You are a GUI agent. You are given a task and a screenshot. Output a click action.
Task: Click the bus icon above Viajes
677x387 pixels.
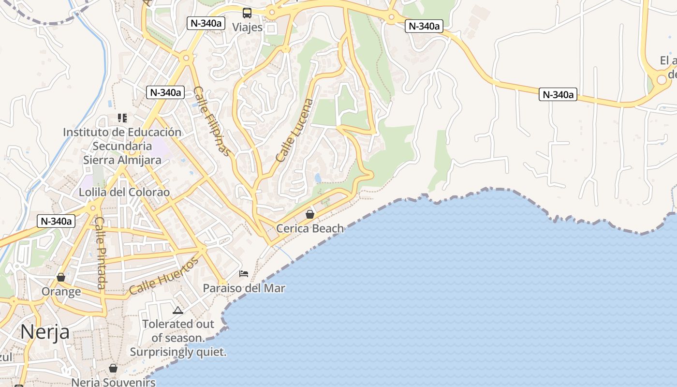(x=247, y=13)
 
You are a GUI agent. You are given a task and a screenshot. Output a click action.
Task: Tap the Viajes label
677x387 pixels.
(x=247, y=27)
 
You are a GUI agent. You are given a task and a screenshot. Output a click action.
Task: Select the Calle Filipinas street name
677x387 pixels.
(x=212, y=121)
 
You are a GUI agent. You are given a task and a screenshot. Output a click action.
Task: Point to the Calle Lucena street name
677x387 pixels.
(x=294, y=130)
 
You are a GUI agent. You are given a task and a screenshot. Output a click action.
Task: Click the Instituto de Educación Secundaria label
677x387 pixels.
(x=122, y=139)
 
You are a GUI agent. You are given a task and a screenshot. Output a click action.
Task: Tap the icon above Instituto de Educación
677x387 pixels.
(x=122, y=118)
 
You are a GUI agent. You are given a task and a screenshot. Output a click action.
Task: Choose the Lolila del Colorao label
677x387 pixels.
(x=124, y=192)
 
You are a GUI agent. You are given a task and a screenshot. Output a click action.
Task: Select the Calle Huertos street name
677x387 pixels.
(x=163, y=277)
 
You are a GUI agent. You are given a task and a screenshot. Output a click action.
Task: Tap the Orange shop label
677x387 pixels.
(x=61, y=292)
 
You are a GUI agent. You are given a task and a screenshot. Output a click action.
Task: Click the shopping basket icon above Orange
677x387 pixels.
(x=61, y=277)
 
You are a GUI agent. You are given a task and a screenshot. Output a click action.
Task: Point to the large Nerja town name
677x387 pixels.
(x=44, y=332)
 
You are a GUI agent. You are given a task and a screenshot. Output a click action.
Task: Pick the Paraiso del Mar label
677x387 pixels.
(x=244, y=288)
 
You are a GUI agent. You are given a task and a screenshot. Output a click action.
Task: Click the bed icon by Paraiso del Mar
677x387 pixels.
(x=244, y=274)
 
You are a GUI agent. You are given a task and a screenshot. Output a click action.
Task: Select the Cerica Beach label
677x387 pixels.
(x=310, y=228)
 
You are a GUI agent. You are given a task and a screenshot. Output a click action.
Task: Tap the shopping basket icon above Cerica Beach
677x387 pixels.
(x=310, y=214)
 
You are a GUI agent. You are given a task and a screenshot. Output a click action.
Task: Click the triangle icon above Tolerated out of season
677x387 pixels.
(x=177, y=310)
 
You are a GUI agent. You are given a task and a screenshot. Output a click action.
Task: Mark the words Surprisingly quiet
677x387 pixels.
(x=178, y=352)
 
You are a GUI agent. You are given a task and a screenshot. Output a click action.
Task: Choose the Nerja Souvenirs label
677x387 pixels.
(x=113, y=382)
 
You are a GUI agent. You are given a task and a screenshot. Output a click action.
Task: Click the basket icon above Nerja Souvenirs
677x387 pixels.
(x=113, y=368)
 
